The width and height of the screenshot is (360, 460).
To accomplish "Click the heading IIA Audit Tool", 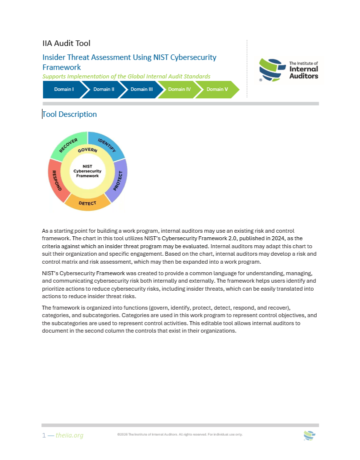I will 66,43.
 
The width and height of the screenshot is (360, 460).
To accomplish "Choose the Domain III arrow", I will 141,89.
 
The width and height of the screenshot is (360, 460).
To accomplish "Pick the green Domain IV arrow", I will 179,89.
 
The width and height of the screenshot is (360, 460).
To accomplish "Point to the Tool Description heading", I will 69,114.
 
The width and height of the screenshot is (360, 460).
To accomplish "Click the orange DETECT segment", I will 87,202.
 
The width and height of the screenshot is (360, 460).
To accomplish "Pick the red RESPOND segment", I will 56,180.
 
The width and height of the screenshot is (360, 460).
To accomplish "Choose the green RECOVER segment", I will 68,145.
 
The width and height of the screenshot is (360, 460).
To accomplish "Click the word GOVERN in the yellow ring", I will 87,150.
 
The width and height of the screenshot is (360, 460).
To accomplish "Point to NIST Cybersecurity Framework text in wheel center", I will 87,171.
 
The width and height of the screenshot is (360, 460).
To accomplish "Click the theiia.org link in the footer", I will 69,436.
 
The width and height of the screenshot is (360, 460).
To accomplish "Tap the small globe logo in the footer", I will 309,435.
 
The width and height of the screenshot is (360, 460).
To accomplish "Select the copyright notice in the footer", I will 179,435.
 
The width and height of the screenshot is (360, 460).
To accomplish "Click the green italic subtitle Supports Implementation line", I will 126,76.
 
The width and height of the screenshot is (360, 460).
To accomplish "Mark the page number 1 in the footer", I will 44,436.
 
